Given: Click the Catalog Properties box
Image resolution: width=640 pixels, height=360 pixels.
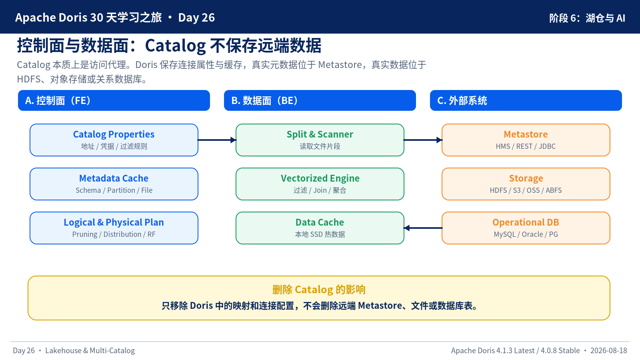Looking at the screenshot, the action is (x=114, y=140).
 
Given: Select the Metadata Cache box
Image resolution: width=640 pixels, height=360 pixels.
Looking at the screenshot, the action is (x=114, y=184).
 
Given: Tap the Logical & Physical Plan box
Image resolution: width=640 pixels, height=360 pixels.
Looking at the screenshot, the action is (x=114, y=228).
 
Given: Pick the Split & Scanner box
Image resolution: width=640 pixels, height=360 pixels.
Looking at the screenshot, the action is (x=320, y=140).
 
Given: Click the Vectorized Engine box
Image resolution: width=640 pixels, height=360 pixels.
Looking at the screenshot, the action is (x=320, y=184).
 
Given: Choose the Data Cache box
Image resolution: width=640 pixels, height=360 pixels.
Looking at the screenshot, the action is (x=320, y=228).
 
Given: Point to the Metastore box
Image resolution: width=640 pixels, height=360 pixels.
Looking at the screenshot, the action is (x=526, y=140).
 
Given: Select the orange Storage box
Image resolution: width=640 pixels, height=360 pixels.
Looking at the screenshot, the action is (x=526, y=184).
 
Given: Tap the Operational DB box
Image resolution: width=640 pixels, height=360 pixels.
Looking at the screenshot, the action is (x=526, y=228).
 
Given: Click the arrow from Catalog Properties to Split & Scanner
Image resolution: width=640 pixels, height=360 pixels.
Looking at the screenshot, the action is (x=217, y=140).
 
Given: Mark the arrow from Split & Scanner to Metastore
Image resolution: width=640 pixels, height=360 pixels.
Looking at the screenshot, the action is (x=423, y=140).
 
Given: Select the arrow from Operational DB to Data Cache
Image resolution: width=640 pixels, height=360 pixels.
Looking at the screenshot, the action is (x=423, y=228).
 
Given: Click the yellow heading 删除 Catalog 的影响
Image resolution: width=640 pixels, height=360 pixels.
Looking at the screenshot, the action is (x=319, y=290).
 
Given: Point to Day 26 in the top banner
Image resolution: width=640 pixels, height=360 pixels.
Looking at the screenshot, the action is (x=196, y=18).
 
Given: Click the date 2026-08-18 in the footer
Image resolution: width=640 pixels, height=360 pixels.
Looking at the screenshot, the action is (x=609, y=350).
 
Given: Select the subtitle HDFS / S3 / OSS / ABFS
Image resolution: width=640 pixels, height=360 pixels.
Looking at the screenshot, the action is (x=526, y=190).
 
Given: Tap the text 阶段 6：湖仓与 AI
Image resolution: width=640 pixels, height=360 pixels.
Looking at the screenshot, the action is (x=587, y=18).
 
